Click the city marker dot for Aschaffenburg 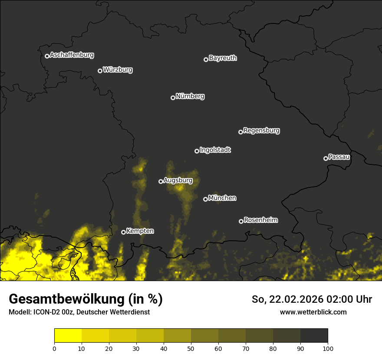click(x=47, y=56)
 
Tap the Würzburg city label click(x=118, y=70)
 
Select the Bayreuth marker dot click(x=206, y=59)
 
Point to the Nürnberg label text click(x=190, y=96)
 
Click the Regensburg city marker click(x=240, y=132)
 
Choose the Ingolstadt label click(x=215, y=150)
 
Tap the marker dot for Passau click(x=326, y=158)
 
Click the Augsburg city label click(x=178, y=180)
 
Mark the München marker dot click(x=205, y=199)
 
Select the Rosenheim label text click(x=261, y=220)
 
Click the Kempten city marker click(x=123, y=232)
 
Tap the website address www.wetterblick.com click(x=313, y=312)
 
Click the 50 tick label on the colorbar click(x=191, y=348)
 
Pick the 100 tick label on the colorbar click(x=328, y=348)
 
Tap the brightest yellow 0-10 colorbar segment click(x=68, y=336)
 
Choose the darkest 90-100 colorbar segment click(x=314, y=336)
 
